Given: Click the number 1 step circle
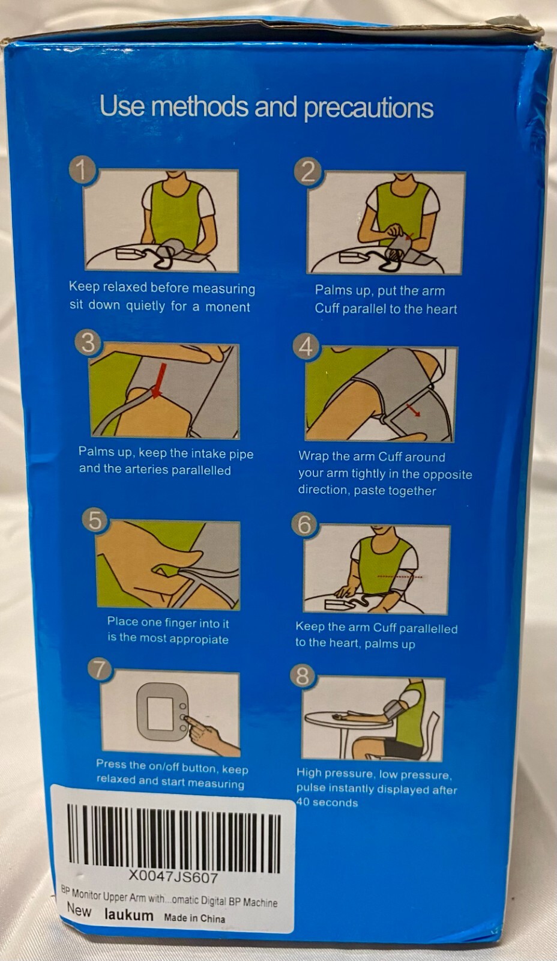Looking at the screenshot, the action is pyautogui.click(x=83, y=171).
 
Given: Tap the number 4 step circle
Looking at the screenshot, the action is pyautogui.click(x=306, y=347).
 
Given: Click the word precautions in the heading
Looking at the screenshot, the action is pyautogui.click(x=369, y=108).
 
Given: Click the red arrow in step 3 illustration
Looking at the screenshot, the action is pyautogui.click(x=159, y=379).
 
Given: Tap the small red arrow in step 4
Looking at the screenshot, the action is pyautogui.click(x=412, y=409).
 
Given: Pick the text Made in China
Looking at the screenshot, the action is pyautogui.click(x=194, y=918).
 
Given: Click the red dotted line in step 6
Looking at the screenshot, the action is pyautogui.click(x=400, y=577).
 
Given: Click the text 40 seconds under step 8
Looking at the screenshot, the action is pyautogui.click(x=327, y=802).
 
